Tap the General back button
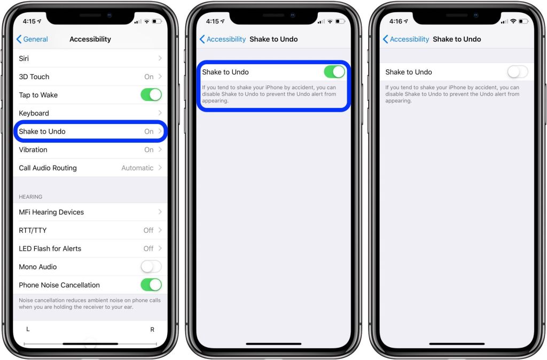(32, 39)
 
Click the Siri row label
(24, 58)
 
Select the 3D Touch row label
(34, 76)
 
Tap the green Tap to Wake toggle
(151, 95)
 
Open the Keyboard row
(34, 113)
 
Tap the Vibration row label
(33, 150)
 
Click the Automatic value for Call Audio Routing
(137, 168)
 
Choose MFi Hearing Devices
(51, 212)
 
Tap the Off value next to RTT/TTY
(148, 230)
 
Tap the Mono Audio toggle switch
(151, 267)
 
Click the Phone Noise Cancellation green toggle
(151, 285)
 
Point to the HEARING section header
(30, 197)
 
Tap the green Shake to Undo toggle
(334, 72)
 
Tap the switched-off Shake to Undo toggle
(517, 72)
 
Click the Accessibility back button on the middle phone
(222, 39)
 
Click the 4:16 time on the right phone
(396, 21)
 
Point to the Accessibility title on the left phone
(90, 39)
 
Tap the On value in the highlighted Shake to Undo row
(149, 131)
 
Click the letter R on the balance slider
(152, 330)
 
